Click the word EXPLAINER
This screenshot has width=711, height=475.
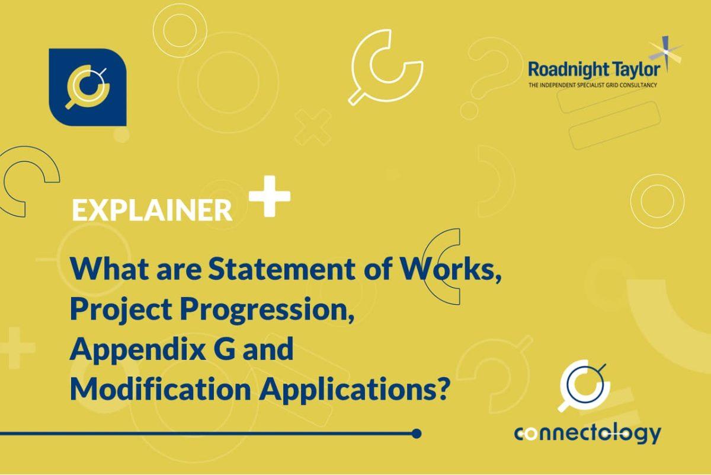152,210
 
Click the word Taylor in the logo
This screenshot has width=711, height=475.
634,70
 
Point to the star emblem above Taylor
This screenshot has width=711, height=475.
665,52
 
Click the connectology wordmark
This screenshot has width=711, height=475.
587,433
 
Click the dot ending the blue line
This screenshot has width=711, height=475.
417,433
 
